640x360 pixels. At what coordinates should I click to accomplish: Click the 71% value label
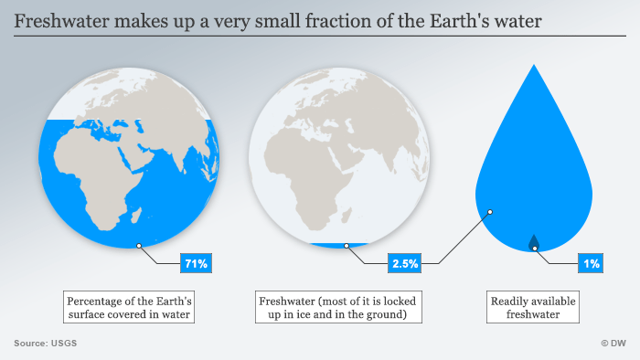click(197, 264)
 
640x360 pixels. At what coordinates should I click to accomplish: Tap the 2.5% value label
click(405, 264)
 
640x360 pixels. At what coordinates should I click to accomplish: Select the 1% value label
click(592, 264)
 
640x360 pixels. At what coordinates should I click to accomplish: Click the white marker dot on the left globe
click(139, 245)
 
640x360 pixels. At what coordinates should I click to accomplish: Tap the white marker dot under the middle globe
click(347, 245)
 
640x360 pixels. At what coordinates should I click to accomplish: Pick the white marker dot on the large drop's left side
click(490, 212)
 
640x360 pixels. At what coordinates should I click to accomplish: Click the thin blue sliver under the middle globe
click(338, 244)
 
